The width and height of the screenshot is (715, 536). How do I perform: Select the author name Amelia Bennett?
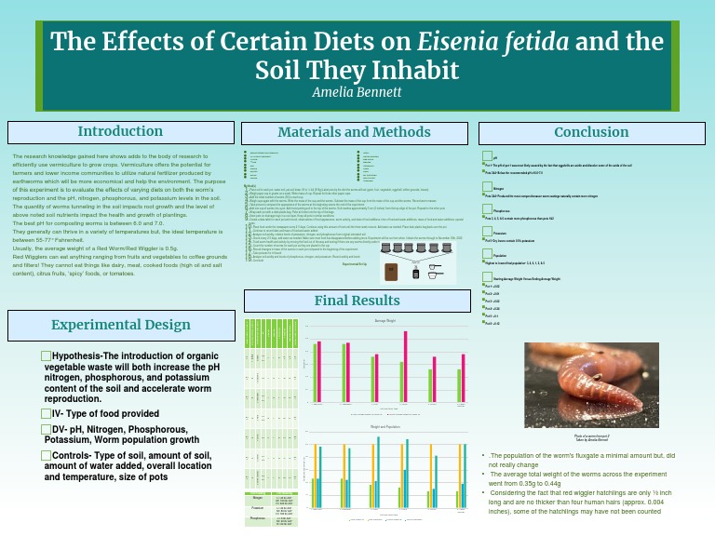tap(357, 92)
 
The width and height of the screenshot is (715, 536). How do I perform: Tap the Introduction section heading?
tap(120, 132)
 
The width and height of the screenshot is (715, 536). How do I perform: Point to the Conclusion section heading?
tap(592, 132)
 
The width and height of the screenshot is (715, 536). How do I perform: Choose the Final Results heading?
tap(357, 301)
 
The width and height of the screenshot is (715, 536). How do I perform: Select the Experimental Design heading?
tap(120, 325)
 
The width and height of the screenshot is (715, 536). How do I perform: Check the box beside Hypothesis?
tap(47, 356)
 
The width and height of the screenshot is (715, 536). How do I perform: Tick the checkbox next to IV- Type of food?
tap(47, 413)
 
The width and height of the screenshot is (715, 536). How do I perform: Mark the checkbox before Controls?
tap(47, 455)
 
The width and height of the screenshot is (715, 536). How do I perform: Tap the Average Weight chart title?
tap(386, 321)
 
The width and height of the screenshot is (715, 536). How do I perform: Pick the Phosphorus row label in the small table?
tap(256, 522)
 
